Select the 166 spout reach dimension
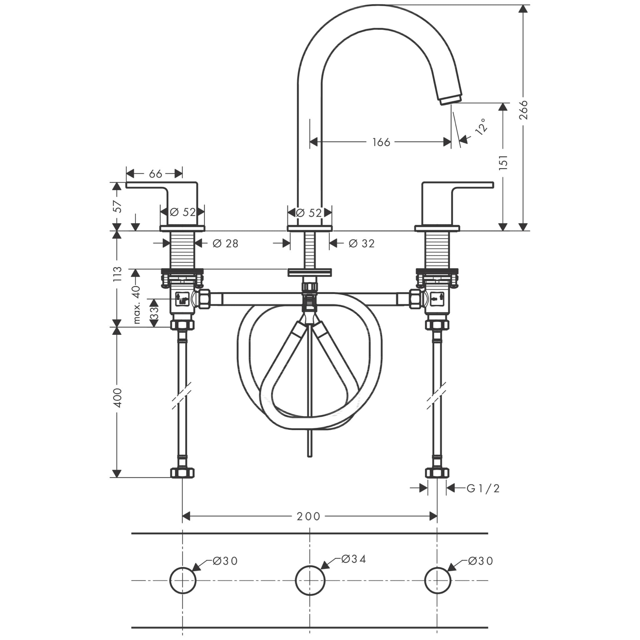click(381, 142)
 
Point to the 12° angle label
click(481, 126)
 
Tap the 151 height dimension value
click(503, 162)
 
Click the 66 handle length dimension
click(155, 173)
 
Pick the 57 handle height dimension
click(117, 206)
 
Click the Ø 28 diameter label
click(225, 244)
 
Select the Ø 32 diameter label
click(362, 244)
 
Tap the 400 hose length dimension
click(117, 398)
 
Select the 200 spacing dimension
click(308, 517)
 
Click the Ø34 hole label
click(353, 559)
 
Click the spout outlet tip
click(451, 99)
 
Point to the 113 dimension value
click(117, 274)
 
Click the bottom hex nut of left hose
click(182, 473)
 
